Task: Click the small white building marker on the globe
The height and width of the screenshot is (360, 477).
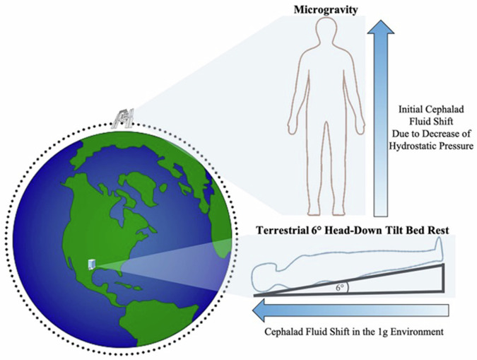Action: [90, 264]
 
